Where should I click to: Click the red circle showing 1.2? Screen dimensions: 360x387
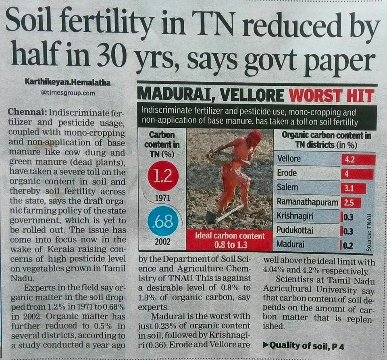[163, 178]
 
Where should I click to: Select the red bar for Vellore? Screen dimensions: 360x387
[358, 159]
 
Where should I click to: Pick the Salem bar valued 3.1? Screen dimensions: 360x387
[353, 188]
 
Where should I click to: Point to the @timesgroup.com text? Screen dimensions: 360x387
[68, 93]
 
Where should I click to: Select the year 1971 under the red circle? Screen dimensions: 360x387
[162, 198]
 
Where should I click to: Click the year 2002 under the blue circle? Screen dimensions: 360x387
[162, 242]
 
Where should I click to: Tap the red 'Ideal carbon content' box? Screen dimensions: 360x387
[230, 240]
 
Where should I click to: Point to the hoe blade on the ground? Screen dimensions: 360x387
[211, 217]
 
